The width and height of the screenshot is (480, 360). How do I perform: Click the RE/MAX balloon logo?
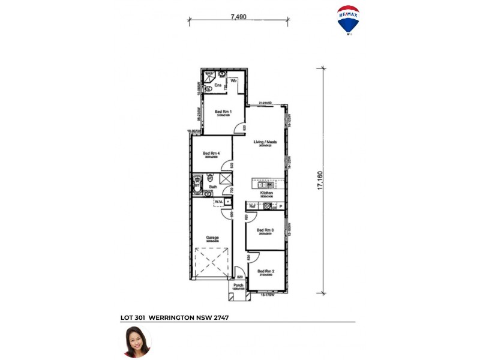pyautogui.click(x=349, y=20)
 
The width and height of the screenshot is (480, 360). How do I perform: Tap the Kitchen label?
pyautogui.click(x=266, y=193)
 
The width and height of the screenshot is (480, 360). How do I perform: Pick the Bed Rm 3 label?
pyautogui.click(x=265, y=230)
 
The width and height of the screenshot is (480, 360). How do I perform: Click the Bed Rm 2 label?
pyautogui.click(x=266, y=271)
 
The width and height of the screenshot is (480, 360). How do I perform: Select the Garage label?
pyautogui.click(x=213, y=237)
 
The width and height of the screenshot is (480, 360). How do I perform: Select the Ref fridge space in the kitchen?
pyautogui.click(x=253, y=206)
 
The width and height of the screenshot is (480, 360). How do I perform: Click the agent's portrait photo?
pyautogui.click(x=137, y=342)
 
